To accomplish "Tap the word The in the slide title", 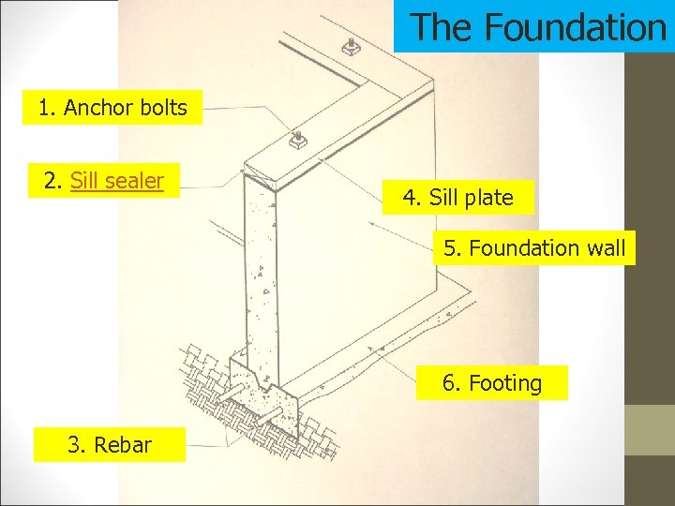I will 444,27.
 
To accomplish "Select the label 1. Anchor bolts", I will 112,108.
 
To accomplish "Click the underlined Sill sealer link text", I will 117,180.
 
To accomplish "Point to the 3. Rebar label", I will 109,444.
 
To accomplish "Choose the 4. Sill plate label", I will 457,198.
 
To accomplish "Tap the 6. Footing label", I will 492,383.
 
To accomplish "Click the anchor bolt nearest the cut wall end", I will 298,141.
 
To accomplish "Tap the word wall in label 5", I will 606,248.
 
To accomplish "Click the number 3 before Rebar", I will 75,444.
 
